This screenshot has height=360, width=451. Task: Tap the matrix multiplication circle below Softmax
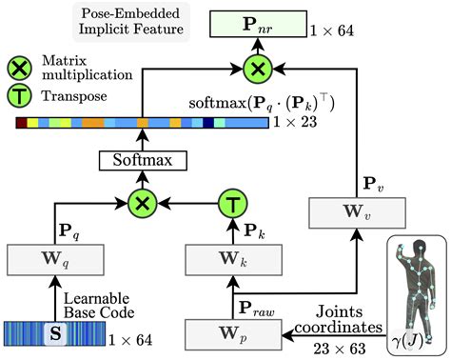click(x=142, y=203)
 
